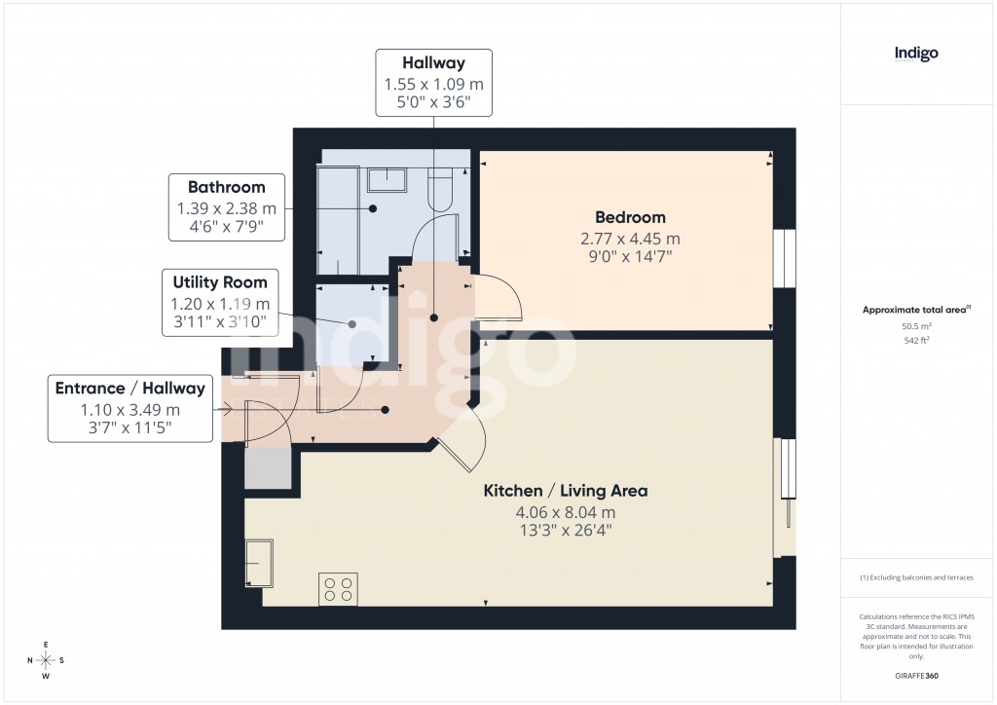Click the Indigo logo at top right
point(916,54)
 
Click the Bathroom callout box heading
point(226,187)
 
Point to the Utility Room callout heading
point(220,282)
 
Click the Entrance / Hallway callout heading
point(130,389)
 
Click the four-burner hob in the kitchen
point(338,589)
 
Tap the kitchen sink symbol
point(259,564)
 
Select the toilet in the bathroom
point(440,188)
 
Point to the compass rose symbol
point(45,660)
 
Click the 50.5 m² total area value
point(916,328)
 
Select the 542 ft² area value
point(916,341)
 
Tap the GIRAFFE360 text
point(916,676)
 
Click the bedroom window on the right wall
point(785,259)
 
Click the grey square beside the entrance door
point(267,468)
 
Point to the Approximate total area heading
point(916,310)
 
